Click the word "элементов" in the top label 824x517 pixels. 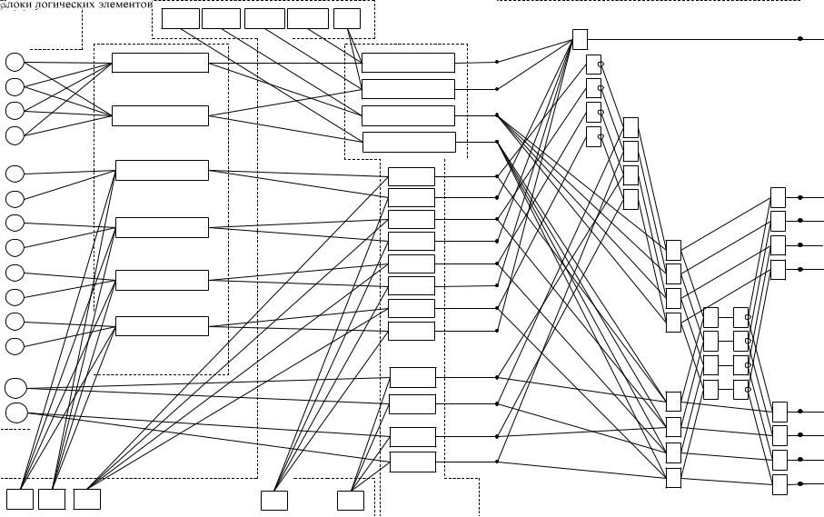click(x=123, y=5)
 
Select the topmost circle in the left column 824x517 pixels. click(x=15, y=62)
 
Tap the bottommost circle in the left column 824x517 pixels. click(x=16, y=413)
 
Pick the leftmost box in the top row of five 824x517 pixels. click(x=180, y=18)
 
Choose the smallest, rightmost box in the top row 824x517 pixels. click(x=346, y=18)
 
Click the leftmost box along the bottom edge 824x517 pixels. click(x=20, y=499)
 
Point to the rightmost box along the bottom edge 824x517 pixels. click(x=350, y=500)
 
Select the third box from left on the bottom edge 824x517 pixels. click(x=87, y=499)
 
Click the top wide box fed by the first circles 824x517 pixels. click(x=160, y=63)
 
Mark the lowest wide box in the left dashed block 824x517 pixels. click(x=162, y=325)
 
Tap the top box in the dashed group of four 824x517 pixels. click(x=408, y=63)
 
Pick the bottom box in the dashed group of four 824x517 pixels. click(x=409, y=142)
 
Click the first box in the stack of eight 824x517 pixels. click(x=412, y=176)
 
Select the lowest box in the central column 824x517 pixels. click(x=412, y=462)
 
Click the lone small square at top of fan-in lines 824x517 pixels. click(x=580, y=39)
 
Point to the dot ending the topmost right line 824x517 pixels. click(x=799, y=38)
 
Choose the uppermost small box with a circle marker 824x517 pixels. click(x=593, y=65)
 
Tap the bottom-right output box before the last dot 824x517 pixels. click(x=779, y=484)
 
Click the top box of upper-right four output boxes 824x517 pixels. click(x=778, y=197)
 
